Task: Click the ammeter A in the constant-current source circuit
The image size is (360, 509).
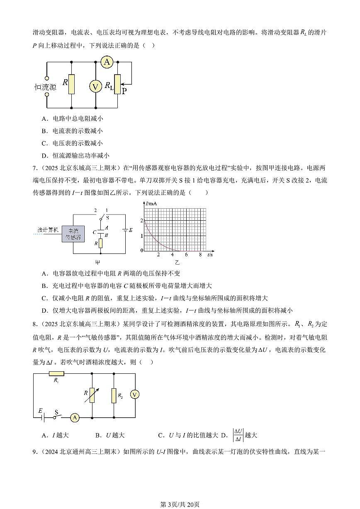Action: tap(107, 62)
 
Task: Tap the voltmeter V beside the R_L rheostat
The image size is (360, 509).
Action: tap(96, 86)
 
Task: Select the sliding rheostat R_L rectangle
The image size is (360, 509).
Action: tap(117, 84)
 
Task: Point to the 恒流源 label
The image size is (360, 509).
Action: tap(45, 87)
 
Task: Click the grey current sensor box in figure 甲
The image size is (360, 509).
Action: tap(73, 234)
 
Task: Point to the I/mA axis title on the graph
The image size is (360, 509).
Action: tap(151, 203)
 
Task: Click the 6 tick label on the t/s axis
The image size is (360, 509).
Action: tap(186, 255)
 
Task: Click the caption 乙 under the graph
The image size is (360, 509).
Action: tap(177, 263)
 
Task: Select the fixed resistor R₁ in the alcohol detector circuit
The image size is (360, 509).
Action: tap(56, 374)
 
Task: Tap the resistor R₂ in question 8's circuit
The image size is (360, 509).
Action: tap(114, 396)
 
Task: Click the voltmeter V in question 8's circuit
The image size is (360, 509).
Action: tap(135, 395)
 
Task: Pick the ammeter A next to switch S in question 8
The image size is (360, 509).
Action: tap(75, 418)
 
